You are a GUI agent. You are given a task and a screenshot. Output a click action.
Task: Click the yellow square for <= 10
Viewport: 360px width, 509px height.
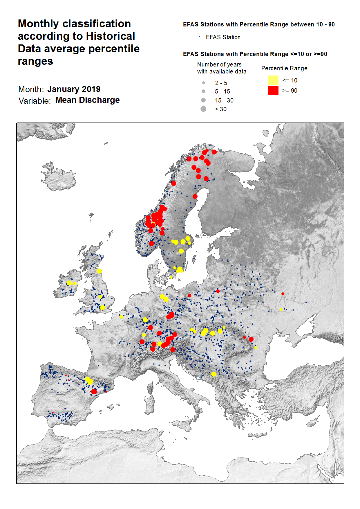point(273,80)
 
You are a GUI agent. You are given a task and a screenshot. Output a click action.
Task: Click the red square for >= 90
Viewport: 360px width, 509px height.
point(273,90)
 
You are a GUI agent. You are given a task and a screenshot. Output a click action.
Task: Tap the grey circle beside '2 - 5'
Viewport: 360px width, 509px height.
point(203,83)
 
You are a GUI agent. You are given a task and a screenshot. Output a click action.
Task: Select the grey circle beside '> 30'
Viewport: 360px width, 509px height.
point(203,109)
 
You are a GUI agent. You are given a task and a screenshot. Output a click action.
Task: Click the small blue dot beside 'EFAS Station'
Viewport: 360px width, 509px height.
point(199,37)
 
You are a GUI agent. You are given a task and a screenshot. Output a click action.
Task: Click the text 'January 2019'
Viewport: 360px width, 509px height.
point(74,89)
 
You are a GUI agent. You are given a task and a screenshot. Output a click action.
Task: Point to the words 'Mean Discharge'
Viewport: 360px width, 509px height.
point(87,100)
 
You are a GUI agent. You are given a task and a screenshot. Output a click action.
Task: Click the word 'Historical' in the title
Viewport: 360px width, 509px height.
point(110,36)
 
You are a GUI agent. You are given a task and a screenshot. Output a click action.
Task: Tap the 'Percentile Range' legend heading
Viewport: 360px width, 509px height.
point(284,68)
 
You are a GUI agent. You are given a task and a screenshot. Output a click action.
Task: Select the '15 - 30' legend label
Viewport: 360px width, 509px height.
point(224,100)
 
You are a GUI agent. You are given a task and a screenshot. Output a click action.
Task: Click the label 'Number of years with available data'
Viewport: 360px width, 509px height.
point(221,68)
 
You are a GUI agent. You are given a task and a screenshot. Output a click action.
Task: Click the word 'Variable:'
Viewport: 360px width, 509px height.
point(35,101)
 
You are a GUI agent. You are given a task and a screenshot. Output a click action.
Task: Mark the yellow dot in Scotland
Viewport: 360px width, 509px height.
point(99,271)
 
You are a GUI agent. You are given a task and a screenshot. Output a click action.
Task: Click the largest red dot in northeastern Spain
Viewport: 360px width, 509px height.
point(94,392)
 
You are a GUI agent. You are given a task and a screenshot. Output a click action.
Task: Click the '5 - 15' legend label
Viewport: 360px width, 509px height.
point(222,91)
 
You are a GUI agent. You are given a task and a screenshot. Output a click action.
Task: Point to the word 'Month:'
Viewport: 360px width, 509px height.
point(31,89)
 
